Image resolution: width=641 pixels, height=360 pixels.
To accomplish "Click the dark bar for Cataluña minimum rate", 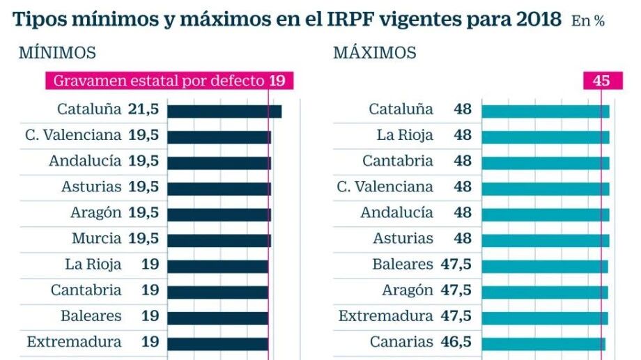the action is tap(224, 111).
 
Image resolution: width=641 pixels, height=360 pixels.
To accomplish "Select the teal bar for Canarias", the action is tap(543, 344).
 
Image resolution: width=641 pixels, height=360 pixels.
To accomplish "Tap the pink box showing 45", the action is tap(603, 81).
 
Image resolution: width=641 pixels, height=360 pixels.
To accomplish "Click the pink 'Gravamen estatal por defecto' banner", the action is tap(169, 81).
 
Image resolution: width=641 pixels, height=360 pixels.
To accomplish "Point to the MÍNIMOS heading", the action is tap(57, 53).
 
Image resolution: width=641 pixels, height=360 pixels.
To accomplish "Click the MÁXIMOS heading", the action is tap(374, 53).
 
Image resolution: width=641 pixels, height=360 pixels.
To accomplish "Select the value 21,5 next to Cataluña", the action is tap(143, 109).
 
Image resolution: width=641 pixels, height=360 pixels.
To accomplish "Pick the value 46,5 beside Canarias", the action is tap(456, 342).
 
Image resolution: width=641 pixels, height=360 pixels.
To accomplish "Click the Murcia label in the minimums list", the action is tap(96, 238).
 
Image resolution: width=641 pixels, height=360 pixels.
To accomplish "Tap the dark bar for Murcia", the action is tap(219, 241).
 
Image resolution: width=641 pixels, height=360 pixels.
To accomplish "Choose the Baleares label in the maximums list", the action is tap(402, 265).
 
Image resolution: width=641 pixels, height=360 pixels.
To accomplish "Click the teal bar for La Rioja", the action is tap(546, 137).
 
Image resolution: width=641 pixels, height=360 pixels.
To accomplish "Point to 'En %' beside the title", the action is tap(588, 21).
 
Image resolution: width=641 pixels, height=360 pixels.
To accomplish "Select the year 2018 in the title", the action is tap(538, 19).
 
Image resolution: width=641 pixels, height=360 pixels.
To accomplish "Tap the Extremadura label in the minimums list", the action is tap(74, 342).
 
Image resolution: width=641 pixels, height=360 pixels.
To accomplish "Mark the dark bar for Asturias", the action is tap(219, 189).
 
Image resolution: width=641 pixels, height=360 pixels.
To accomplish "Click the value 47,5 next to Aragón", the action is tap(456, 290).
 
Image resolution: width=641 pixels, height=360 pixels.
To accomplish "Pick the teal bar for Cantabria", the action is tap(546, 163).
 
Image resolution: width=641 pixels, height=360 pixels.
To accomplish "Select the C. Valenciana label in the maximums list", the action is tap(385, 187).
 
